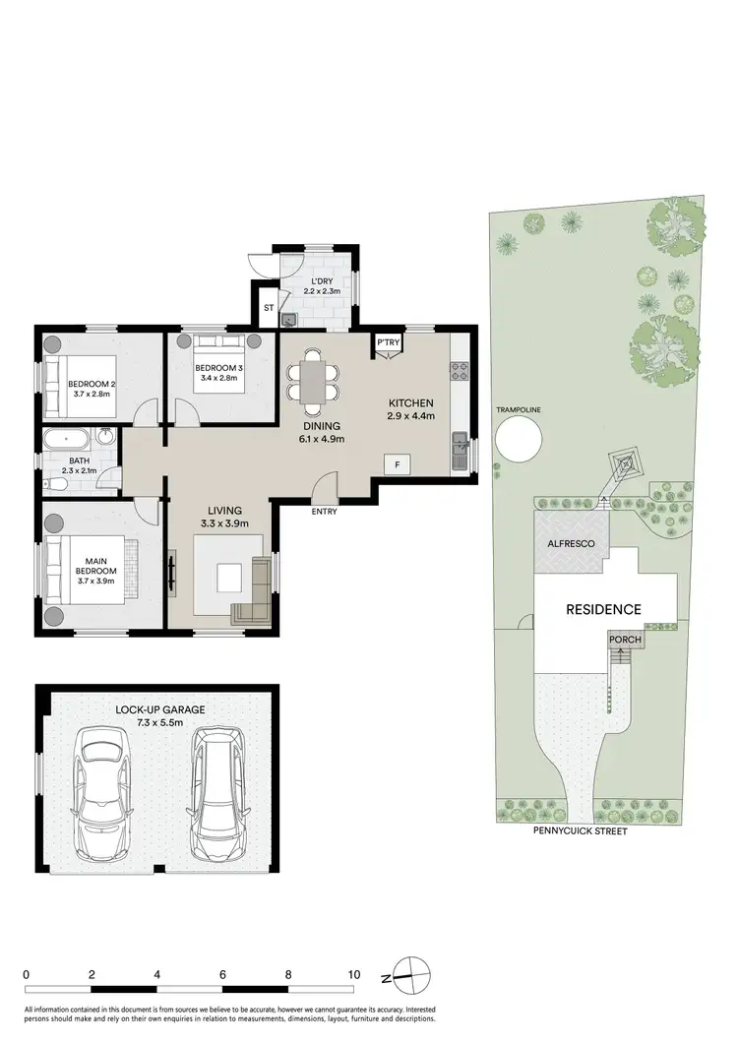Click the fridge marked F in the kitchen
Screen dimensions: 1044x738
tap(398, 464)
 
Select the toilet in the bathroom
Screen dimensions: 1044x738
tap(57, 483)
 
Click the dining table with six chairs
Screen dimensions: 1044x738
tap(313, 381)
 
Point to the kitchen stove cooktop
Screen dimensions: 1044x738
tap(460, 371)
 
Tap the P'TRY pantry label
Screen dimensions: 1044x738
tap(387, 342)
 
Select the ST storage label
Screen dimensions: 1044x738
tap(268, 309)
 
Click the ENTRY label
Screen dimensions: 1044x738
tap(324, 512)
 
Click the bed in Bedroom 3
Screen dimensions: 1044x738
tap(216, 365)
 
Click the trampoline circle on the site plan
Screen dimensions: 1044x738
tap(518, 440)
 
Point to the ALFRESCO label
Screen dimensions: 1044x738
tap(572, 543)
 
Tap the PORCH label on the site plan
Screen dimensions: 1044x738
tap(626, 640)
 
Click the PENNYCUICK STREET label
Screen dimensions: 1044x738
tap(581, 830)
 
